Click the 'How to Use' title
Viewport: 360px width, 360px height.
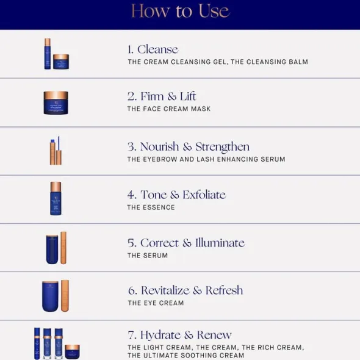click(180, 11)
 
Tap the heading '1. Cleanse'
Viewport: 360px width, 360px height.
click(153, 49)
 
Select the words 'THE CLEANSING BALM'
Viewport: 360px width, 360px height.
click(269, 62)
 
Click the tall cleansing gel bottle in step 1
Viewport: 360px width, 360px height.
click(48, 54)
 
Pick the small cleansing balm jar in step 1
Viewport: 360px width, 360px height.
click(61, 62)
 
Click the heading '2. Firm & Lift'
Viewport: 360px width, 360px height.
click(162, 96)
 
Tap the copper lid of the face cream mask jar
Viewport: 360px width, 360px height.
click(56, 95)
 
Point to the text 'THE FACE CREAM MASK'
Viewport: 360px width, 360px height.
click(169, 109)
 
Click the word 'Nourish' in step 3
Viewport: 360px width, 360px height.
click(160, 146)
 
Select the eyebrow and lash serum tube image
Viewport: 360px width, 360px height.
click(56, 150)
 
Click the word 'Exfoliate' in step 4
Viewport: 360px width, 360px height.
click(204, 195)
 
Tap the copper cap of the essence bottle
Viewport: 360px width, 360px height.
click(56, 187)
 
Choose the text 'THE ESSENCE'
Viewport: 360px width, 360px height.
click(151, 207)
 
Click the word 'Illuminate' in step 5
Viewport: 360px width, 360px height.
click(220, 243)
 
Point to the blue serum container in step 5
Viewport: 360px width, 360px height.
click(52, 250)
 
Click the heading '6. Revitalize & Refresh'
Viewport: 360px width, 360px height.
click(185, 290)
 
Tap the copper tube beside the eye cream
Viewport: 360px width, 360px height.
click(65, 296)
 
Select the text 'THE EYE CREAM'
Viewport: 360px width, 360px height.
click(156, 303)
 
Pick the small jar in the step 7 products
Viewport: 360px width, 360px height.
click(73, 351)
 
